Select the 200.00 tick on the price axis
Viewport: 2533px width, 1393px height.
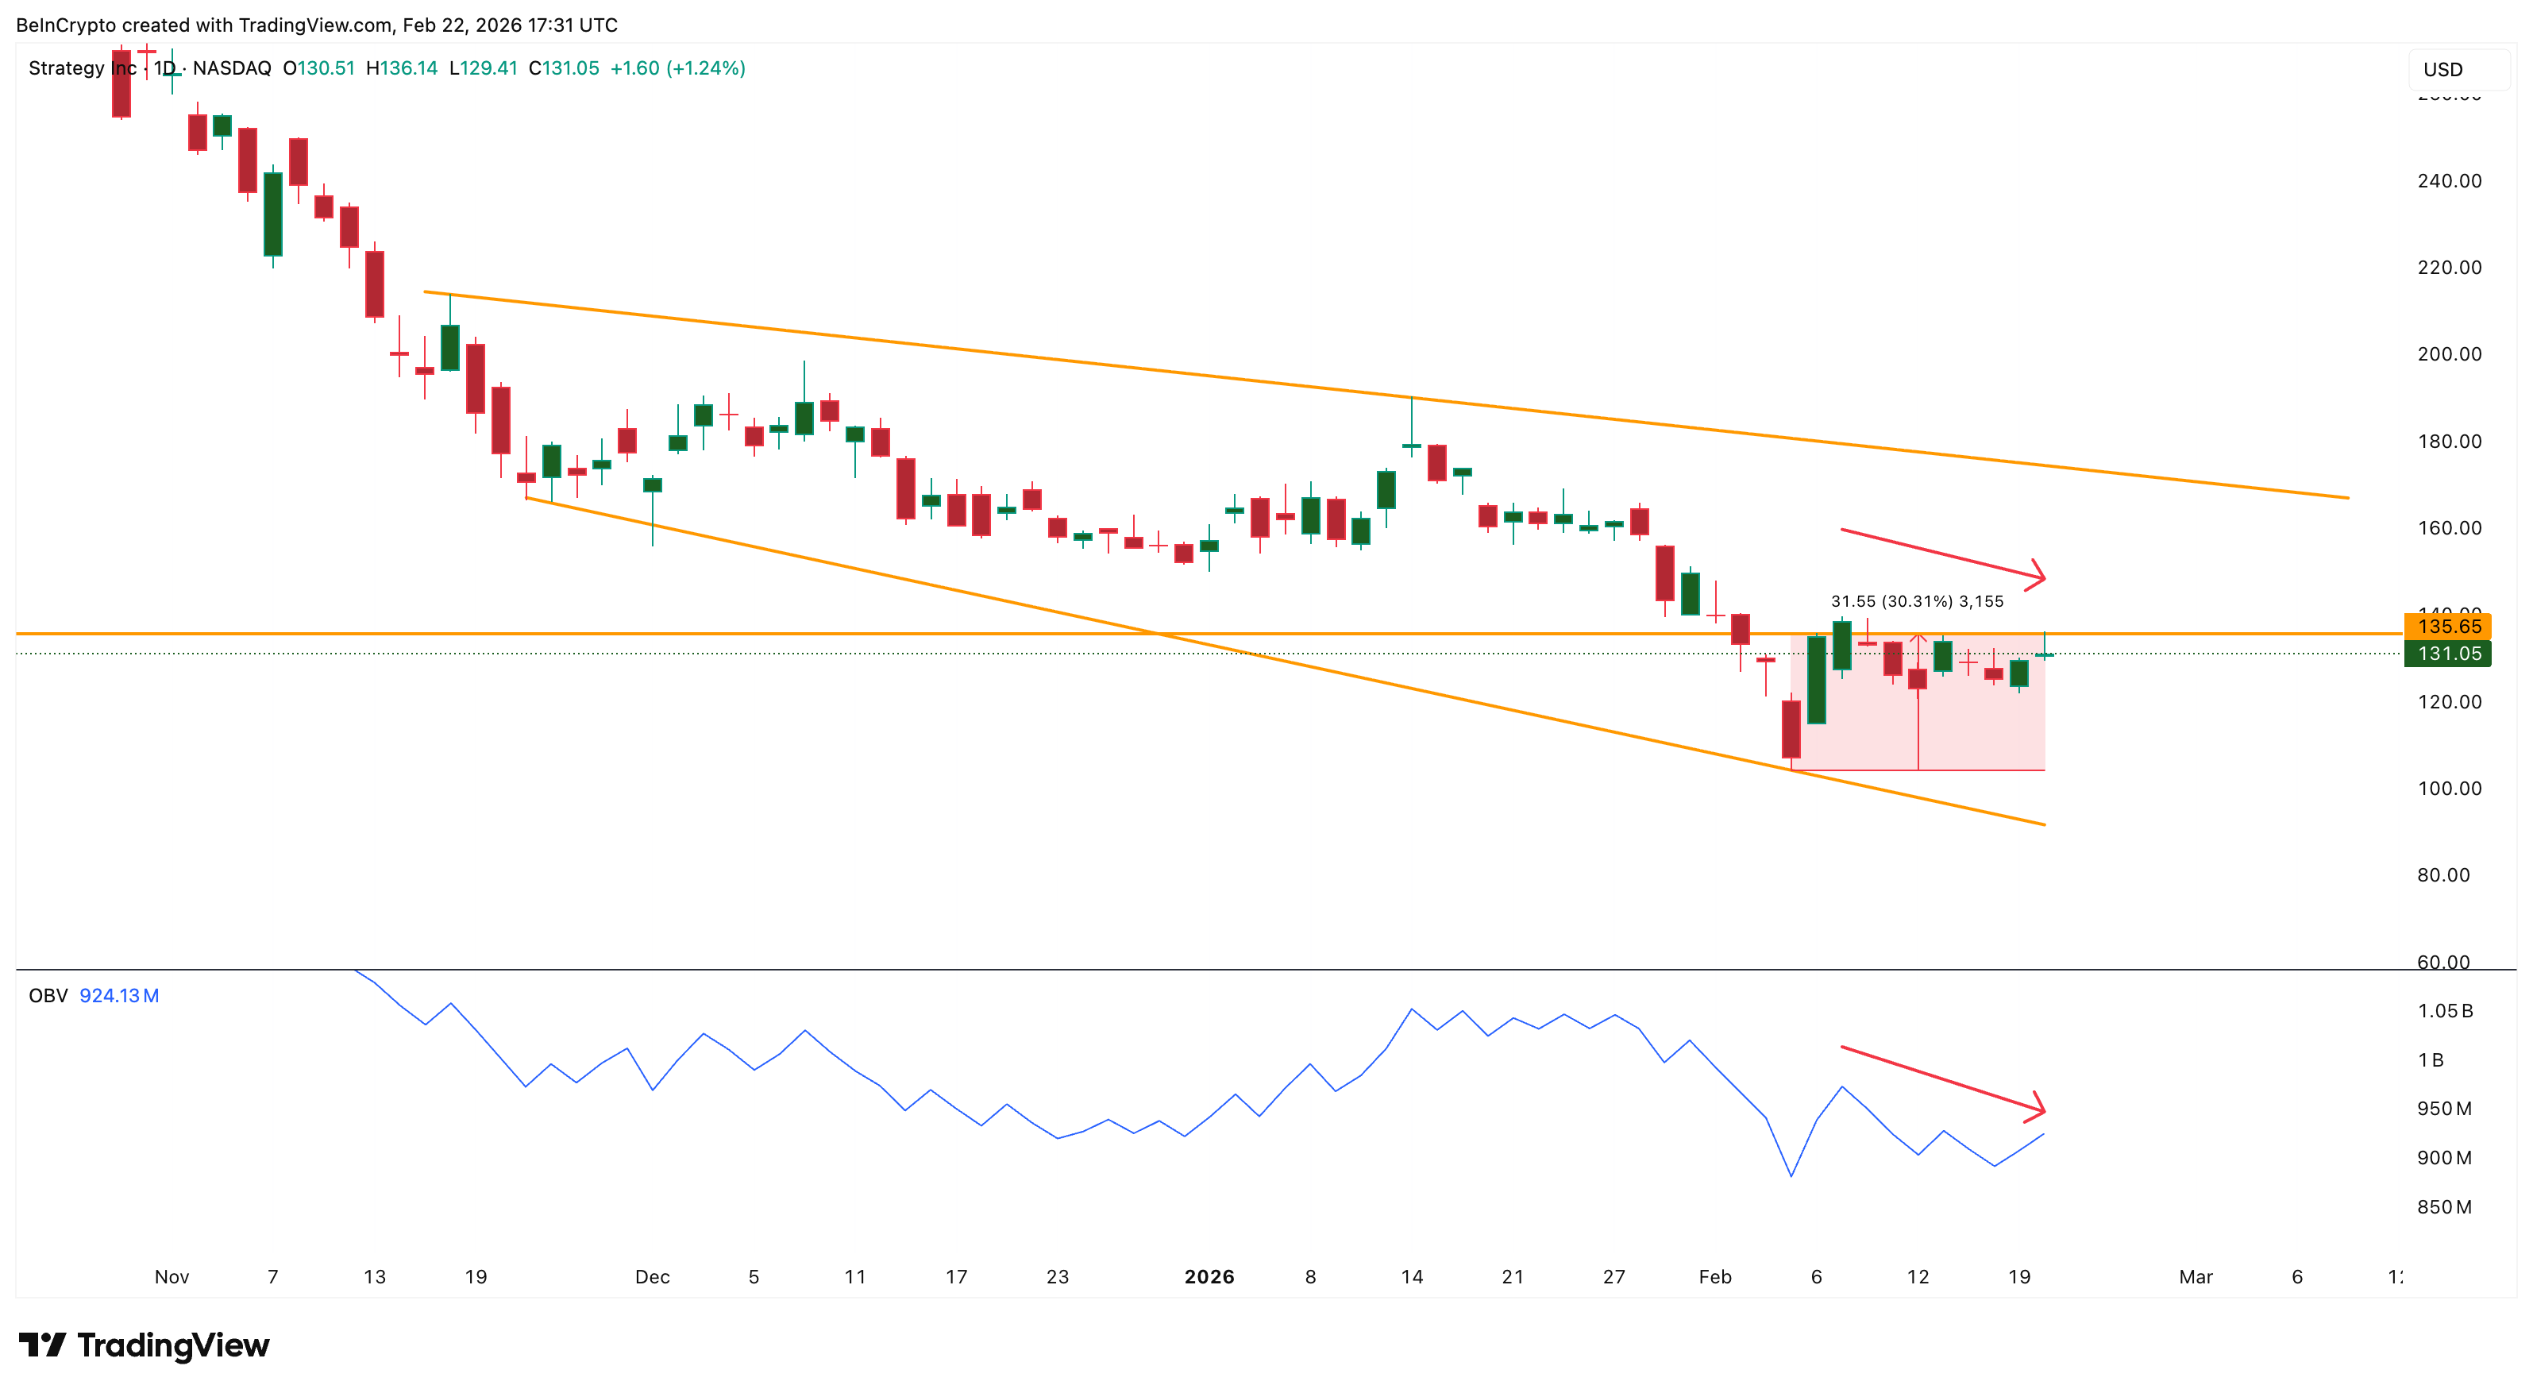2449,354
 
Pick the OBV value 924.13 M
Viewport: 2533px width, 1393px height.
119,996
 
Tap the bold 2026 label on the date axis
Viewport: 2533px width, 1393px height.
1209,1276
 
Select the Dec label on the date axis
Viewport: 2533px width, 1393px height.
652,1276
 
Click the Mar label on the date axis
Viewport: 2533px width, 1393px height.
2195,1276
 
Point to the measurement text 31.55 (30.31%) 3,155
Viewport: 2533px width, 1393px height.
1917,601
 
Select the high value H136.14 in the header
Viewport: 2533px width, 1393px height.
401,68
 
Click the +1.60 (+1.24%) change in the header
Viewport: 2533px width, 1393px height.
677,68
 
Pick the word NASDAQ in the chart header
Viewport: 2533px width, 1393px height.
231,68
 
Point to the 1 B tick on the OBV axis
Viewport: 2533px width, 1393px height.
2430,1059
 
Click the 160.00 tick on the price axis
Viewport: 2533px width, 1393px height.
2449,527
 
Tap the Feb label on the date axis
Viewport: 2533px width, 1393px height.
1715,1276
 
